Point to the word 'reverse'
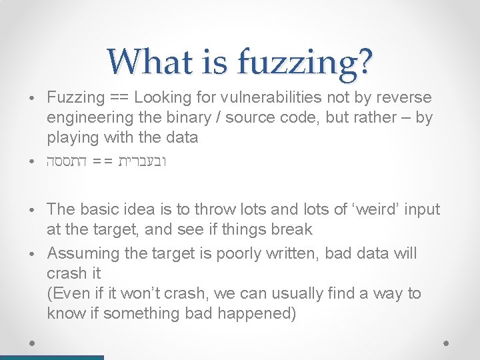405,97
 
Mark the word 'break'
291,229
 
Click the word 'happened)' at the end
261,313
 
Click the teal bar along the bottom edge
52,357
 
